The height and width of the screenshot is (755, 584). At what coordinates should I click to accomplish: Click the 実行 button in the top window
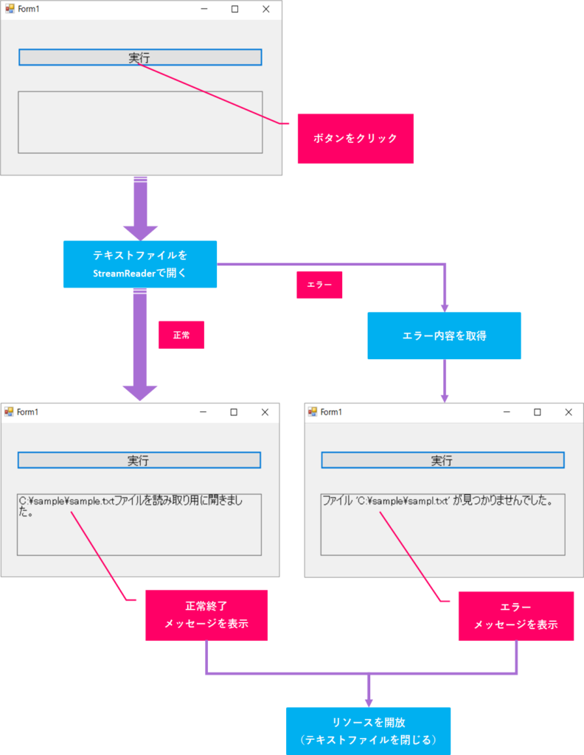point(140,58)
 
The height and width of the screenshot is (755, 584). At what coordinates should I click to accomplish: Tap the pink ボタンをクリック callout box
point(355,138)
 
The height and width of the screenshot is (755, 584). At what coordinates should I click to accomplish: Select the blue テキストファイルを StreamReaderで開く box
point(140,264)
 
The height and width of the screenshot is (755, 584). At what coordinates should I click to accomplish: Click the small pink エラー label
point(319,285)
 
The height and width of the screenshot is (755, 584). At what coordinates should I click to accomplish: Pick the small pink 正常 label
point(181,335)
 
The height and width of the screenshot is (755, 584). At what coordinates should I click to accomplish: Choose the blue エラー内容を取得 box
point(444,335)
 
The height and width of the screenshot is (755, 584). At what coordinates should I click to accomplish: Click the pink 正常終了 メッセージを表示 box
point(206,615)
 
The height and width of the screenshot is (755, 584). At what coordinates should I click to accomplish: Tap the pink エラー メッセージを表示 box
point(515,616)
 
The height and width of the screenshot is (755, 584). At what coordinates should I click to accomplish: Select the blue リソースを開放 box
point(368,731)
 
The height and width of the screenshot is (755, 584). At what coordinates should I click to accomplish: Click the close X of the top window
point(266,10)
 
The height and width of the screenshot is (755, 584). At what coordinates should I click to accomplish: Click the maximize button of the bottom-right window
point(537,412)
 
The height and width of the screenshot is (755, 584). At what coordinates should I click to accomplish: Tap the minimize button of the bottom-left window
point(203,412)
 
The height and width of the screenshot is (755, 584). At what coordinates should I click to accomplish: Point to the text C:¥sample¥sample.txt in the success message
point(66,501)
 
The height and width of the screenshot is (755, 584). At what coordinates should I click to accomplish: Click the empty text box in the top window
point(140,122)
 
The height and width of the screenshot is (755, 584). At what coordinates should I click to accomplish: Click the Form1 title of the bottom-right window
point(331,412)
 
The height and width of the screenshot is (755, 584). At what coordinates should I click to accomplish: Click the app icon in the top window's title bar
point(10,10)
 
